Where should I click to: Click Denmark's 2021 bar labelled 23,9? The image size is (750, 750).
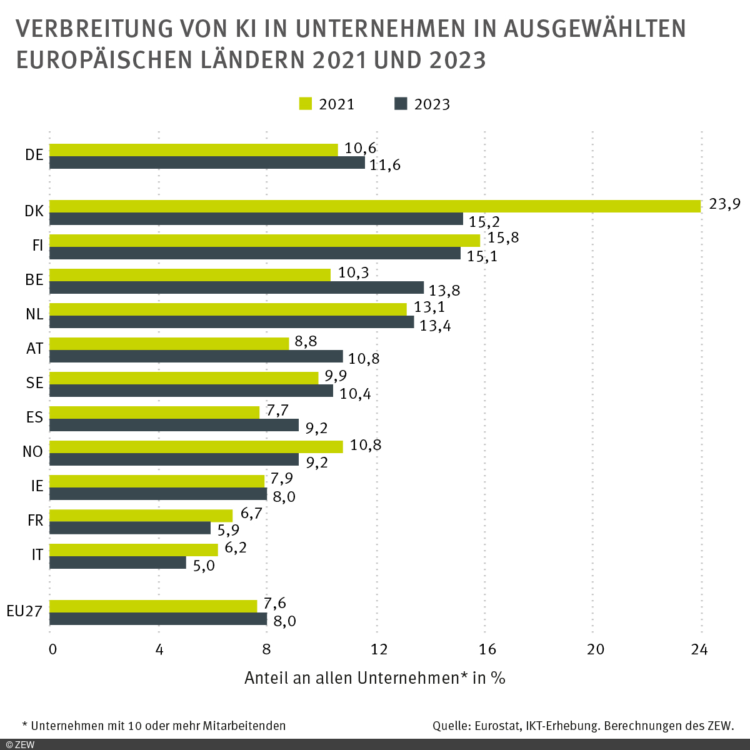(x=375, y=206)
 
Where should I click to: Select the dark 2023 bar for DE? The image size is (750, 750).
(x=207, y=162)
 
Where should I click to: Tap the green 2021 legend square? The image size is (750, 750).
(x=306, y=104)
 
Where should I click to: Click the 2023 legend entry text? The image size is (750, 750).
(x=432, y=104)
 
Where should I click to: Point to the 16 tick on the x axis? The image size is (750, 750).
(x=487, y=649)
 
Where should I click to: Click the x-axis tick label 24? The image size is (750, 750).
(x=699, y=649)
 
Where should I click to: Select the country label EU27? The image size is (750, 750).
(x=24, y=611)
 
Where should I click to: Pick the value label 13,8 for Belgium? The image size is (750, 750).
(x=444, y=291)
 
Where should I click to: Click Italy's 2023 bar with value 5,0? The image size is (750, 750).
(x=117, y=562)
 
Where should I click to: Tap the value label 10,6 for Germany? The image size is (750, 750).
(x=361, y=148)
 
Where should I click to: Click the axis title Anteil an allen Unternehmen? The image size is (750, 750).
(x=374, y=678)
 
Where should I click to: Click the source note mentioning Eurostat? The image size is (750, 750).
(x=582, y=726)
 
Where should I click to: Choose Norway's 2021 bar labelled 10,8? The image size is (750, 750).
(x=196, y=446)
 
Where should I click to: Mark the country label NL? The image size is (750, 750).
(x=34, y=314)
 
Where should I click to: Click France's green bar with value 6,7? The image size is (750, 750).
(x=141, y=516)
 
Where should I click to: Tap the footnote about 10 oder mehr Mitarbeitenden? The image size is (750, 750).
(x=154, y=726)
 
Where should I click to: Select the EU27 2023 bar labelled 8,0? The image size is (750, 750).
(x=158, y=619)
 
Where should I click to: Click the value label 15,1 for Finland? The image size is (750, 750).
(x=482, y=256)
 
